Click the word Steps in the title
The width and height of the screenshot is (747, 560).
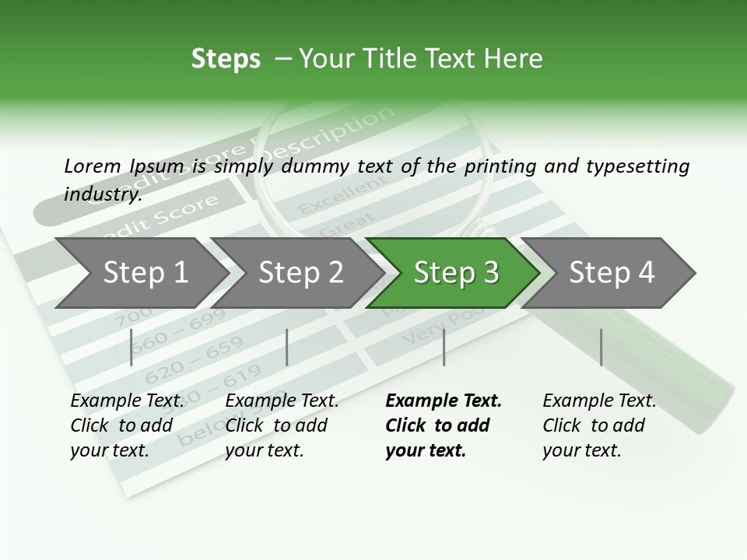click(226, 59)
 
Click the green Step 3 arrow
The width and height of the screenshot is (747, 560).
click(455, 273)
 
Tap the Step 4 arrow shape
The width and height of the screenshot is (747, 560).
click(612, 273)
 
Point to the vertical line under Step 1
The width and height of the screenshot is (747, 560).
click(132, 347)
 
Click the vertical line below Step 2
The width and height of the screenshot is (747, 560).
click(287, 347)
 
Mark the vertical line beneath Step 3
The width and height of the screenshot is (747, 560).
click(444, 347)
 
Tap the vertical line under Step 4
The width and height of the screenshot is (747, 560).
click(601, 347)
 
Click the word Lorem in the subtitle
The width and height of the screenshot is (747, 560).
click(93, 166)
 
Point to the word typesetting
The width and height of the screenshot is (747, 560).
click(634, 166)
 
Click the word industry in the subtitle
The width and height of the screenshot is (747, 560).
click(102, 194)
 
